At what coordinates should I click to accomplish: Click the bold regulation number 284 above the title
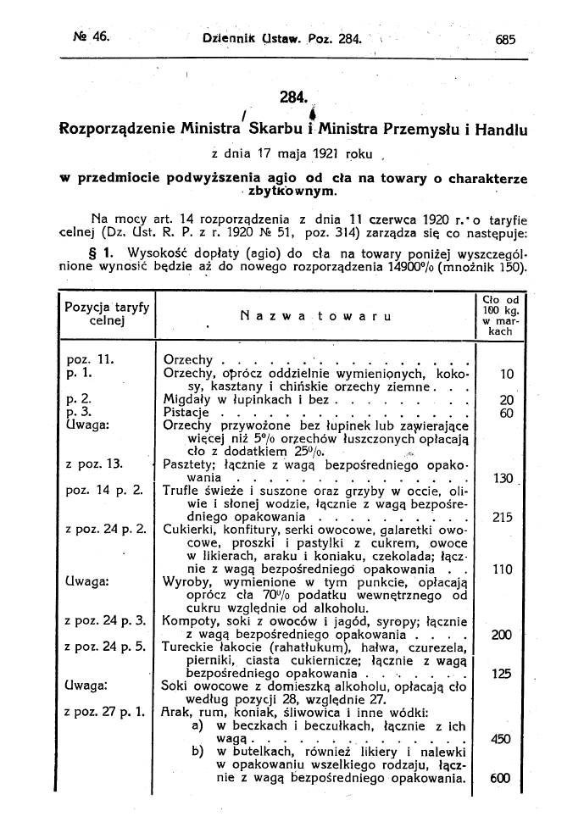(292, 97)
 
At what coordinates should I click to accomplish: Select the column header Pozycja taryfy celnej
(105, 314)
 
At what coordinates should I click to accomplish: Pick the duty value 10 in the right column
(507, 374)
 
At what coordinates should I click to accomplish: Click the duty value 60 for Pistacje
(507, 414)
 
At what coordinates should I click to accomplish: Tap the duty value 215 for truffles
(503, 517)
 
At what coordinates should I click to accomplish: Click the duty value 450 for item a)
(501, 739)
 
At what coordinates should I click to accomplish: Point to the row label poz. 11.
(84, 358)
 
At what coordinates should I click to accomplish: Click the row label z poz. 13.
(93, 464)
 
